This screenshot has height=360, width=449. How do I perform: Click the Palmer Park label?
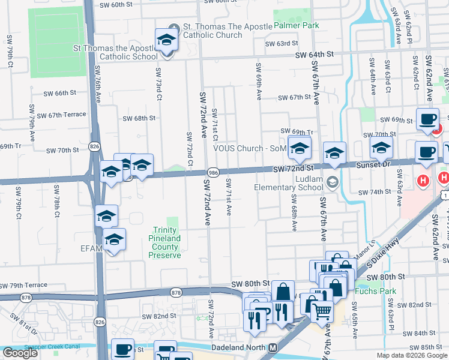[297, 26]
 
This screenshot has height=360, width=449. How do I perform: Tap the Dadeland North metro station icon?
[273, 348]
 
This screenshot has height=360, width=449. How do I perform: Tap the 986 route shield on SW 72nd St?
[212, 172]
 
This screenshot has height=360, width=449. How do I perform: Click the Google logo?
[20, 353]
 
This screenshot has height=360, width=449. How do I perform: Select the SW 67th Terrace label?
[61, 115]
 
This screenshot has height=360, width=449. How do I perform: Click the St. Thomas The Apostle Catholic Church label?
[212, 31]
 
